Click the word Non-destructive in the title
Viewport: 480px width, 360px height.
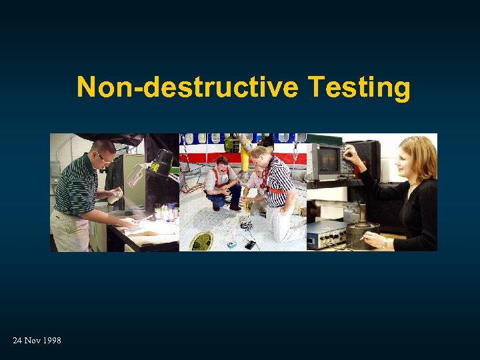pos(189,87)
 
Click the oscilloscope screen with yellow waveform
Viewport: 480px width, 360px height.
pos(327,159)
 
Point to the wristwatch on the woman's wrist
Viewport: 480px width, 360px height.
pos(385,242)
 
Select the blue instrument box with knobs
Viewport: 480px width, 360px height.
pos(325,233)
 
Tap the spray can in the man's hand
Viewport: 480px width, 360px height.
pos(115,195)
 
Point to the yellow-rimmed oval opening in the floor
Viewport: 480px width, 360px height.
pos(201,241)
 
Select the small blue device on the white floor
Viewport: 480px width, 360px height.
pos(232,245)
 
